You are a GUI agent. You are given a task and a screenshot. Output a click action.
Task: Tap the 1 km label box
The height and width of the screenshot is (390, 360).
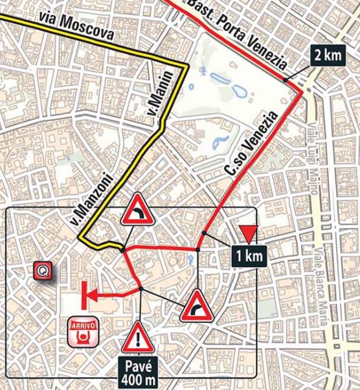tap(248, 255)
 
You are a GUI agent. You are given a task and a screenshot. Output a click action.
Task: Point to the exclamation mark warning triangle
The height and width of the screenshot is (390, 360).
tap(137, 338)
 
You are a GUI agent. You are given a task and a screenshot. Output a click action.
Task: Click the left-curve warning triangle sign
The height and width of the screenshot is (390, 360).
tap(139, 211)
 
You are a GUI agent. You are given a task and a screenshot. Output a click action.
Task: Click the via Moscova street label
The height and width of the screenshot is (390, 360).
tap(84, 28)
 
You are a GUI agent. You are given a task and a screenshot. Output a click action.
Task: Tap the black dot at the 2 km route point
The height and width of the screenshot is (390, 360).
tap(285, 80)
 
